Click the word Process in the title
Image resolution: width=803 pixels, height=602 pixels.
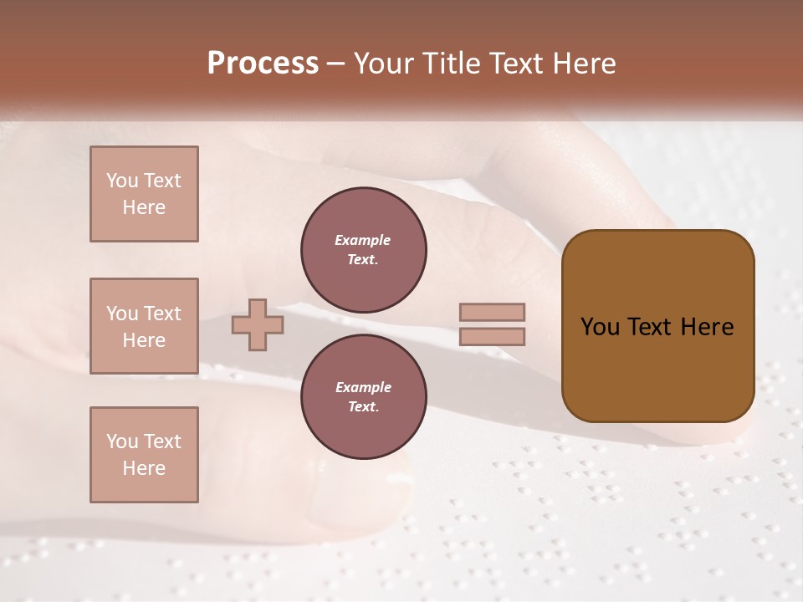click(263, 64)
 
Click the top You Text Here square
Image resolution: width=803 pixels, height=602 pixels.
click(144, 194)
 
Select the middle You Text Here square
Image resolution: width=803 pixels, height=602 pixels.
click(144, 326)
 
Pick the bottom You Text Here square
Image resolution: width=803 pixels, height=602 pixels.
click(144, 455)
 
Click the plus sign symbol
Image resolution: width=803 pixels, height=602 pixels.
click(258, 324)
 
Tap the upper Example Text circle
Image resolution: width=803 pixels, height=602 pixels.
click(364, 250)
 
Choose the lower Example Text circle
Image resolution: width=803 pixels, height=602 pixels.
click(364, 397)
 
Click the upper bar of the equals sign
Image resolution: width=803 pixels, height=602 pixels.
click(493, 312)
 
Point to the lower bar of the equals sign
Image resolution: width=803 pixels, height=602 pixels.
click(493, 337)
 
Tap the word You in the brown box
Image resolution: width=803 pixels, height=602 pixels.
click(600, 327)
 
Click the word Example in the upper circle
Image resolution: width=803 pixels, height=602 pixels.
click(363, 240)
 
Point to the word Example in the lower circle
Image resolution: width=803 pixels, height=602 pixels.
click(363, 387)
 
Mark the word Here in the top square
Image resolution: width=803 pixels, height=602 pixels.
click(144, 207)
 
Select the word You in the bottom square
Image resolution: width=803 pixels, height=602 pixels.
click(122, 441)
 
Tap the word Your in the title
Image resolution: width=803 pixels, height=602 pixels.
click(381, 64)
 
